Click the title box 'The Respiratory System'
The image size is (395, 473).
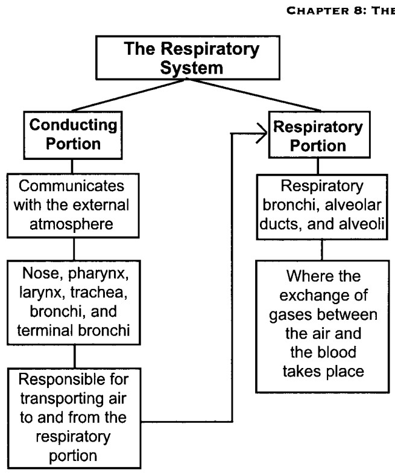click(x=188, y=58)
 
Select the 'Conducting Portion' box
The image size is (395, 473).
click(x=73, y=135)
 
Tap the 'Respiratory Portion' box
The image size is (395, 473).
click(x=320, y=135)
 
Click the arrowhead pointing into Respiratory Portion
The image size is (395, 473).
click(x=262, y=133)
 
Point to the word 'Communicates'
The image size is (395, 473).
click(x=71, y=186)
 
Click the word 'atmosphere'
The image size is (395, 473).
click(x=71, y=224)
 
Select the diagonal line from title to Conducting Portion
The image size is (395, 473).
click(x=128, y=95)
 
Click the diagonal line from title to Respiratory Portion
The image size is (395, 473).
click(x=254, y=95)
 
